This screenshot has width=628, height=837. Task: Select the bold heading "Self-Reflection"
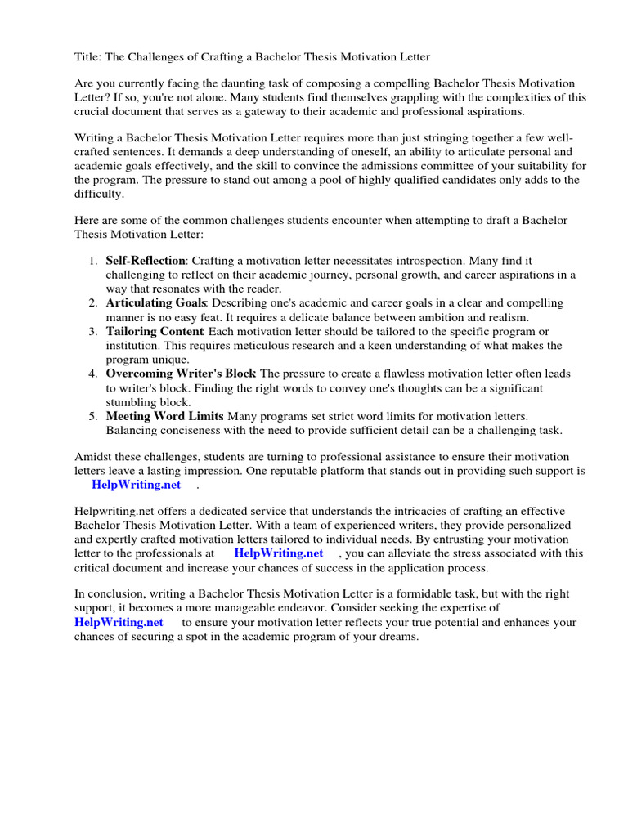(x=146, y=261)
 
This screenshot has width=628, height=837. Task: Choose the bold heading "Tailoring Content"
(x=155, y=331)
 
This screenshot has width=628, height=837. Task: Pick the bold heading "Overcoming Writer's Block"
(x=181, y=374)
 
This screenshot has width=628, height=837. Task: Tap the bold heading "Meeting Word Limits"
(x=164, y=416)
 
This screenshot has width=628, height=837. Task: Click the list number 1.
(x=91, y=261)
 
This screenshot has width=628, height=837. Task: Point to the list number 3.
(x=91, y=331)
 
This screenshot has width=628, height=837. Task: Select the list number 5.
(x=91, y=416)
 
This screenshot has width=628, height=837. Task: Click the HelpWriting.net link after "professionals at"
(x=279, y=553)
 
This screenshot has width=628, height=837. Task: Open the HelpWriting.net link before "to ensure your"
(x=119, y=623)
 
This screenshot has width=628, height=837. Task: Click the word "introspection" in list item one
(x=439, y=261)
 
